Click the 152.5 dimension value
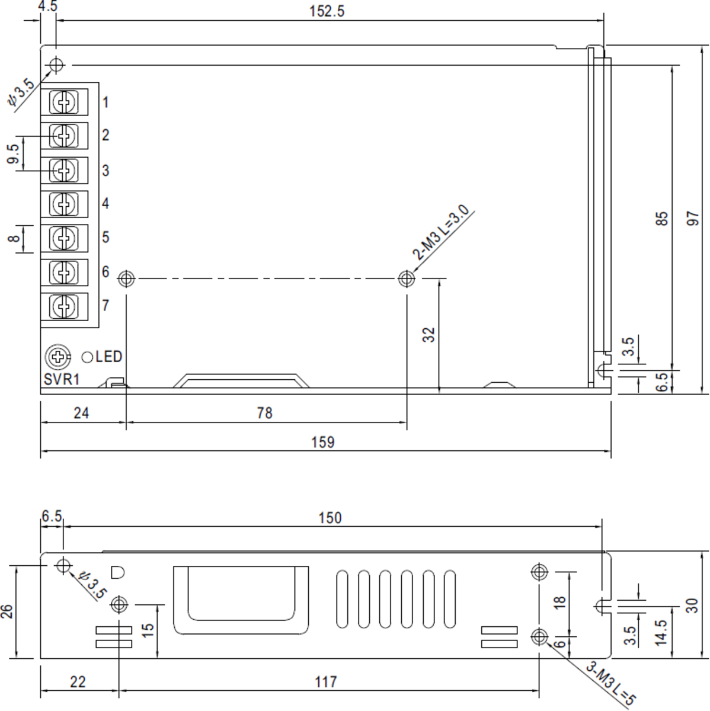327,11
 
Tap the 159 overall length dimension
322,443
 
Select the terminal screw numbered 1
63,102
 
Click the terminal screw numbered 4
63,204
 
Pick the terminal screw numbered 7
63,306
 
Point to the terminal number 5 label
105,237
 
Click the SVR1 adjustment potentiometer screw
57,357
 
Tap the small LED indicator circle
87,357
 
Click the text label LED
108,357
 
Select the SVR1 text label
61,379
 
